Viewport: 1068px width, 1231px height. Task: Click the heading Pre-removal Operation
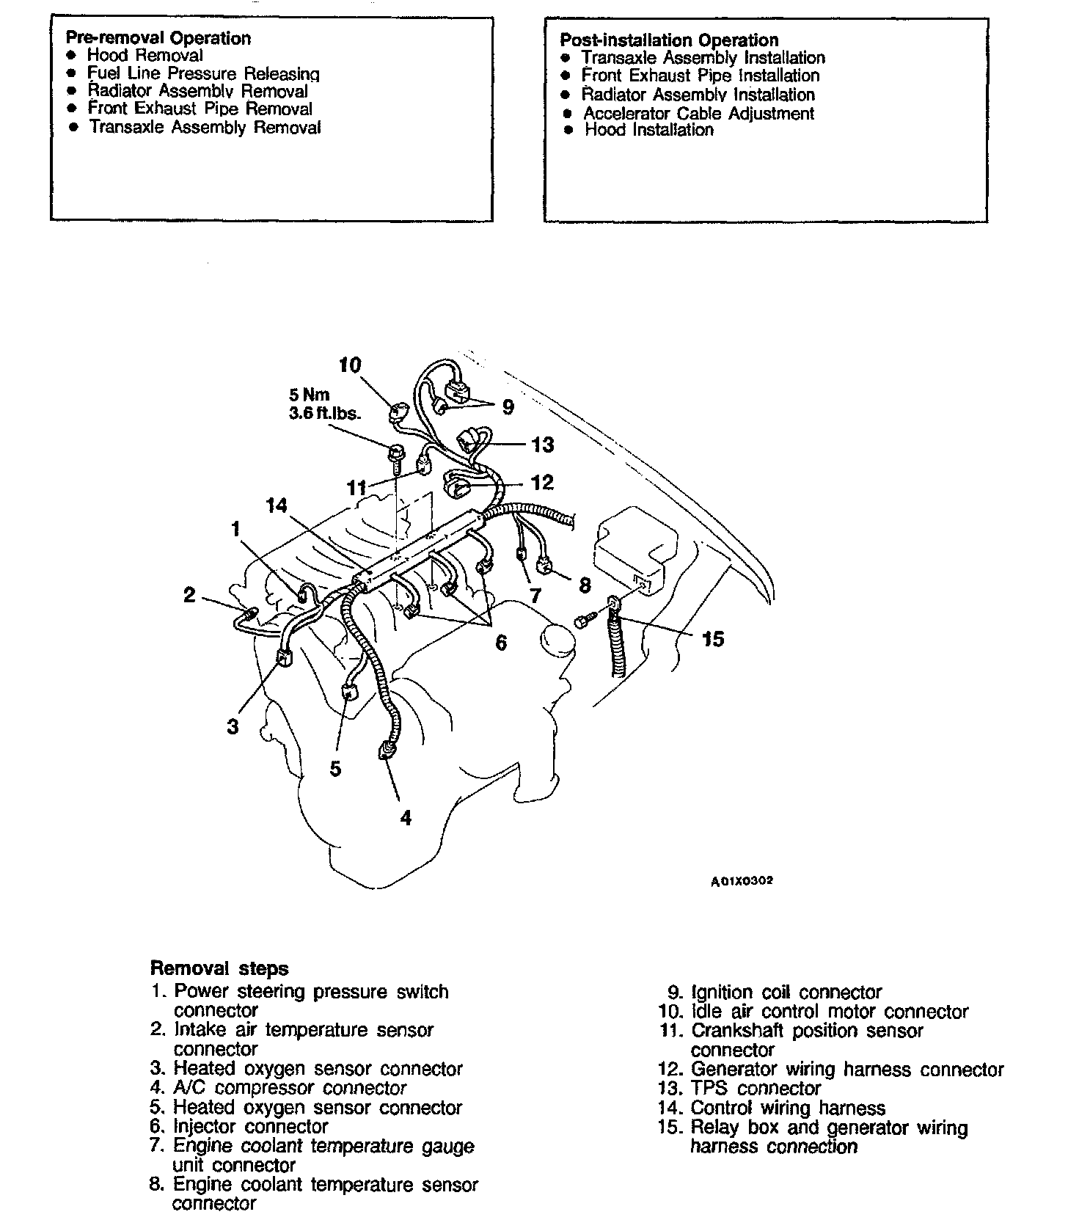coord(158,38)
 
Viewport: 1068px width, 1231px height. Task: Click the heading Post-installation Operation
coord(668,40)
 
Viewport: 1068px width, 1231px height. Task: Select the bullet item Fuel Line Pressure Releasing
coord(203,73)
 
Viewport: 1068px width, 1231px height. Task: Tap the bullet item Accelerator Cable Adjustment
coord(698,114)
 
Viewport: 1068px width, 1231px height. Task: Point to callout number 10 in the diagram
coord(351,365)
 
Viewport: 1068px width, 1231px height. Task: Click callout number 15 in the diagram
coord(712,639)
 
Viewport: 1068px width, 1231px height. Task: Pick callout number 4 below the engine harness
coord(406,817)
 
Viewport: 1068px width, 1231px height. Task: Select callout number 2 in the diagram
coord(190,594)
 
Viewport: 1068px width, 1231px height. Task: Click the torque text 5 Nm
coord(310,395)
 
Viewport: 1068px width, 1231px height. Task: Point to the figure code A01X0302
coord(742,881)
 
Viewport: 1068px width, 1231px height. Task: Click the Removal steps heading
coord(219,968)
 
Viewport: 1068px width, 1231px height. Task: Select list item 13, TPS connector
coord(755,1089)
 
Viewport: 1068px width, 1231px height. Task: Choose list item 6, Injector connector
coord(249,1126)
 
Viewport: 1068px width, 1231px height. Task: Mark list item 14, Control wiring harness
coord(787,1108)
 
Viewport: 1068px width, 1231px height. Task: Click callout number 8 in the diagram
coord(585,585)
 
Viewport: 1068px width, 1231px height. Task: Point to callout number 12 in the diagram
coord(542,482)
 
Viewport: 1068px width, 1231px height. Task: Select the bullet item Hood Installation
coord(648,130)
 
